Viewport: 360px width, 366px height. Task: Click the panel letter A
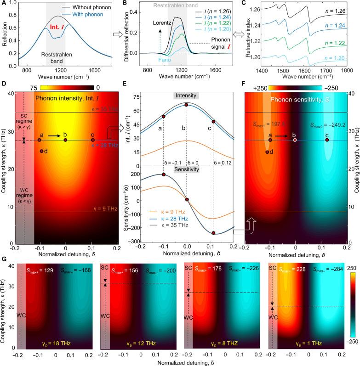pyautogui.click(x=4, y=4)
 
